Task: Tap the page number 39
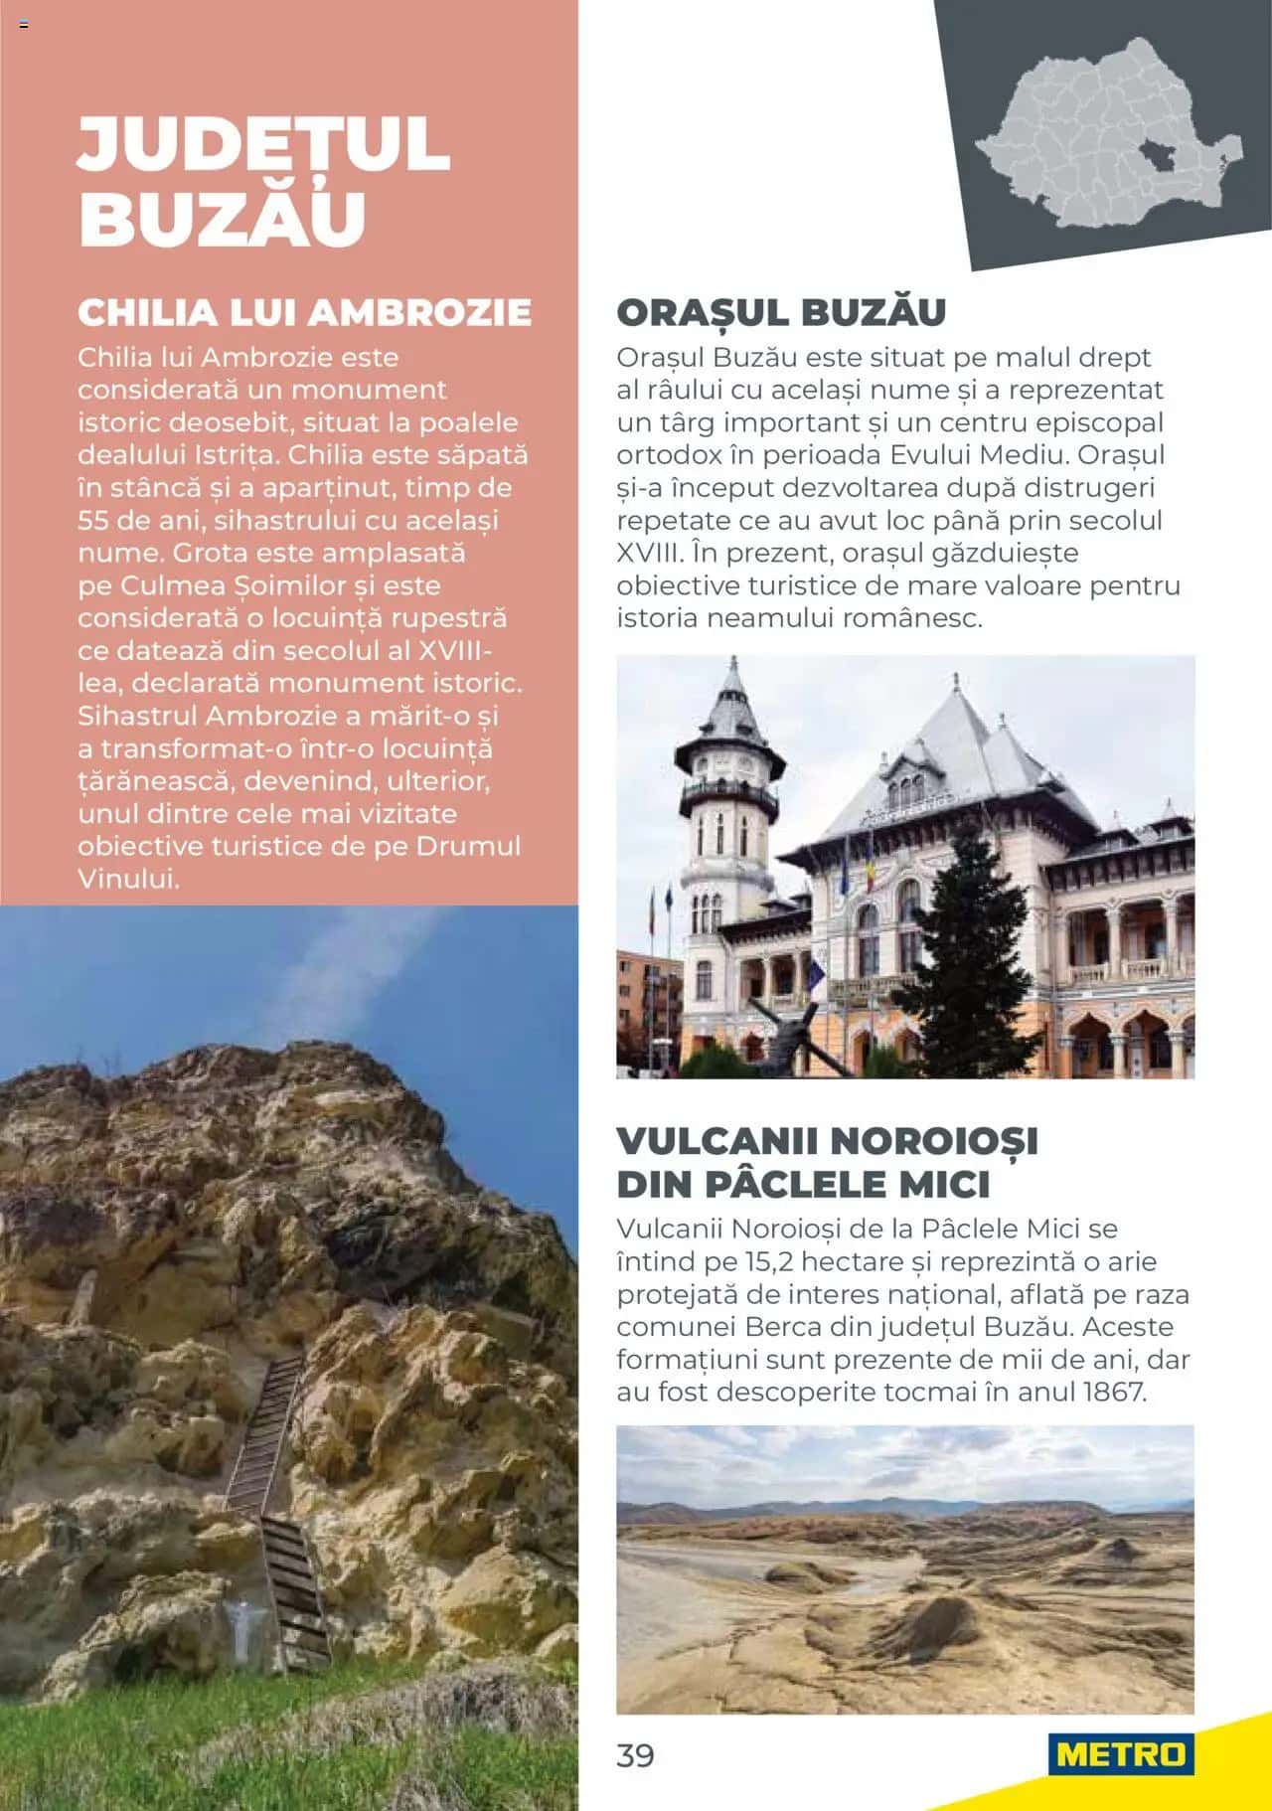click(635, 1755)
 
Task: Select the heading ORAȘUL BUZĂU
click(781, 312)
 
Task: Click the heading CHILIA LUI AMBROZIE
click(304, 312)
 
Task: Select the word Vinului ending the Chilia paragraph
click(129, 879)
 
